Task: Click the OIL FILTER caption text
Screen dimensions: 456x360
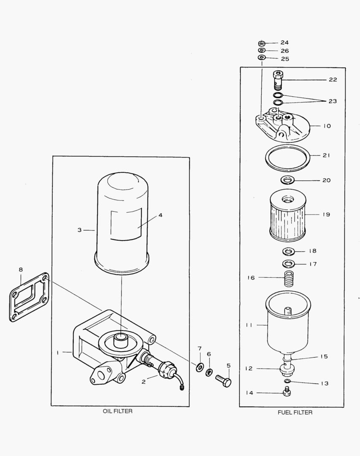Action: pos(117,411)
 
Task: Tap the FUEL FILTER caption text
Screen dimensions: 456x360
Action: pos(295,413)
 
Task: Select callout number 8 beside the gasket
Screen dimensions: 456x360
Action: pos(20,269)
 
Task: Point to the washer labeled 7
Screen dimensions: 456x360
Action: pos(199,366)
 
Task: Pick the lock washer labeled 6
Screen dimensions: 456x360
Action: pos(208,372)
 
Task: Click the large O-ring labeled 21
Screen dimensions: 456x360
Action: pos(287,158)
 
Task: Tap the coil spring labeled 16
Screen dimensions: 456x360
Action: pos(289,279)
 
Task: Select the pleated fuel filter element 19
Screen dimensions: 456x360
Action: pos(287,216)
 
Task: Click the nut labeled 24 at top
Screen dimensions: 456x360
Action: pos(262,43)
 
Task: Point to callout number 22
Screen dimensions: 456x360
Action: pos(333,80)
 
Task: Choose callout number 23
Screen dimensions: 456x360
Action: pos(333,101)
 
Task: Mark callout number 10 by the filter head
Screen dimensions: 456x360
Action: pos(327,126)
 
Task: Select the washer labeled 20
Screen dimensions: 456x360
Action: pos(288,180)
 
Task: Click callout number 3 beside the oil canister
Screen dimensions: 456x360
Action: pos(79,230)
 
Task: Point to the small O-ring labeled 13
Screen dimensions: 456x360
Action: pos(287,382)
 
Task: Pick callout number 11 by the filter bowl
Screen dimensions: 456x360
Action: pos(249,325)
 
